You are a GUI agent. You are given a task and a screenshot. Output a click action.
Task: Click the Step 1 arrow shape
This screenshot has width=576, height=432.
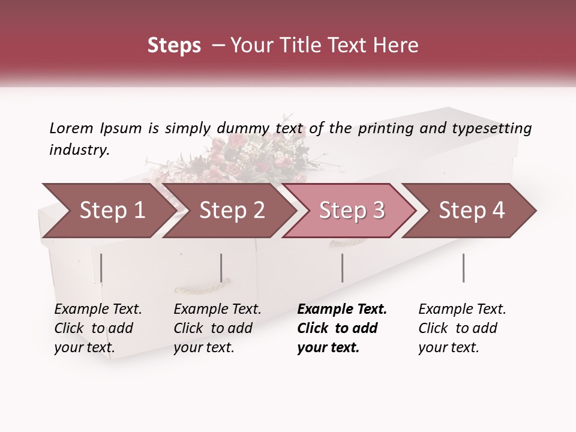click(108, 211)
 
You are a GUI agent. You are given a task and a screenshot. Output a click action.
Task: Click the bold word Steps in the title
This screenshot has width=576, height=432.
click(174, 46)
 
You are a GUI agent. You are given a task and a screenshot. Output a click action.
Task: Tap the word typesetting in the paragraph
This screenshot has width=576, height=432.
click(492, 128)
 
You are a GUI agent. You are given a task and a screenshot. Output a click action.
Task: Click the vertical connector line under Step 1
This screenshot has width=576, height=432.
click(101, 268)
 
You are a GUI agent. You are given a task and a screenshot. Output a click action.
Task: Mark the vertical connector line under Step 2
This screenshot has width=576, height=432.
click(221, 268)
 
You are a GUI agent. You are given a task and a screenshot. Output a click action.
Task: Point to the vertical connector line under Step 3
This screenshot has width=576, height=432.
click(343, 268)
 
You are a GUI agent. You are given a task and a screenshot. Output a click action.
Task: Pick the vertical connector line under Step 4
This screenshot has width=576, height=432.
click(463, 268)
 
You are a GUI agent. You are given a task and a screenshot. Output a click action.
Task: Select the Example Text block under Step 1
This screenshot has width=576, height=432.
click(98, 328)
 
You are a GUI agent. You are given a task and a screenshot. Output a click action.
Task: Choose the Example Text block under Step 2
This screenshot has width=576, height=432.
click(217, 328)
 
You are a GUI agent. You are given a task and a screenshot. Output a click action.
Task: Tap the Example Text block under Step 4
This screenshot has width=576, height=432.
click(462, 328)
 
